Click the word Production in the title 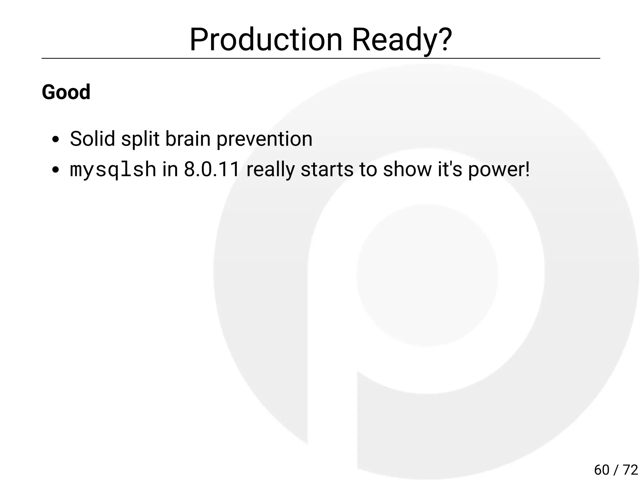266,40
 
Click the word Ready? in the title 402,40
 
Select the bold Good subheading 66,92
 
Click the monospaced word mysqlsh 113,169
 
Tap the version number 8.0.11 212,169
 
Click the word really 270,169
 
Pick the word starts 327,169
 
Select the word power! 499,169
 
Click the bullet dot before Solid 56,140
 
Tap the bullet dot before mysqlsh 56,170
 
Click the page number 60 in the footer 602,470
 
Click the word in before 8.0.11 170,169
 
